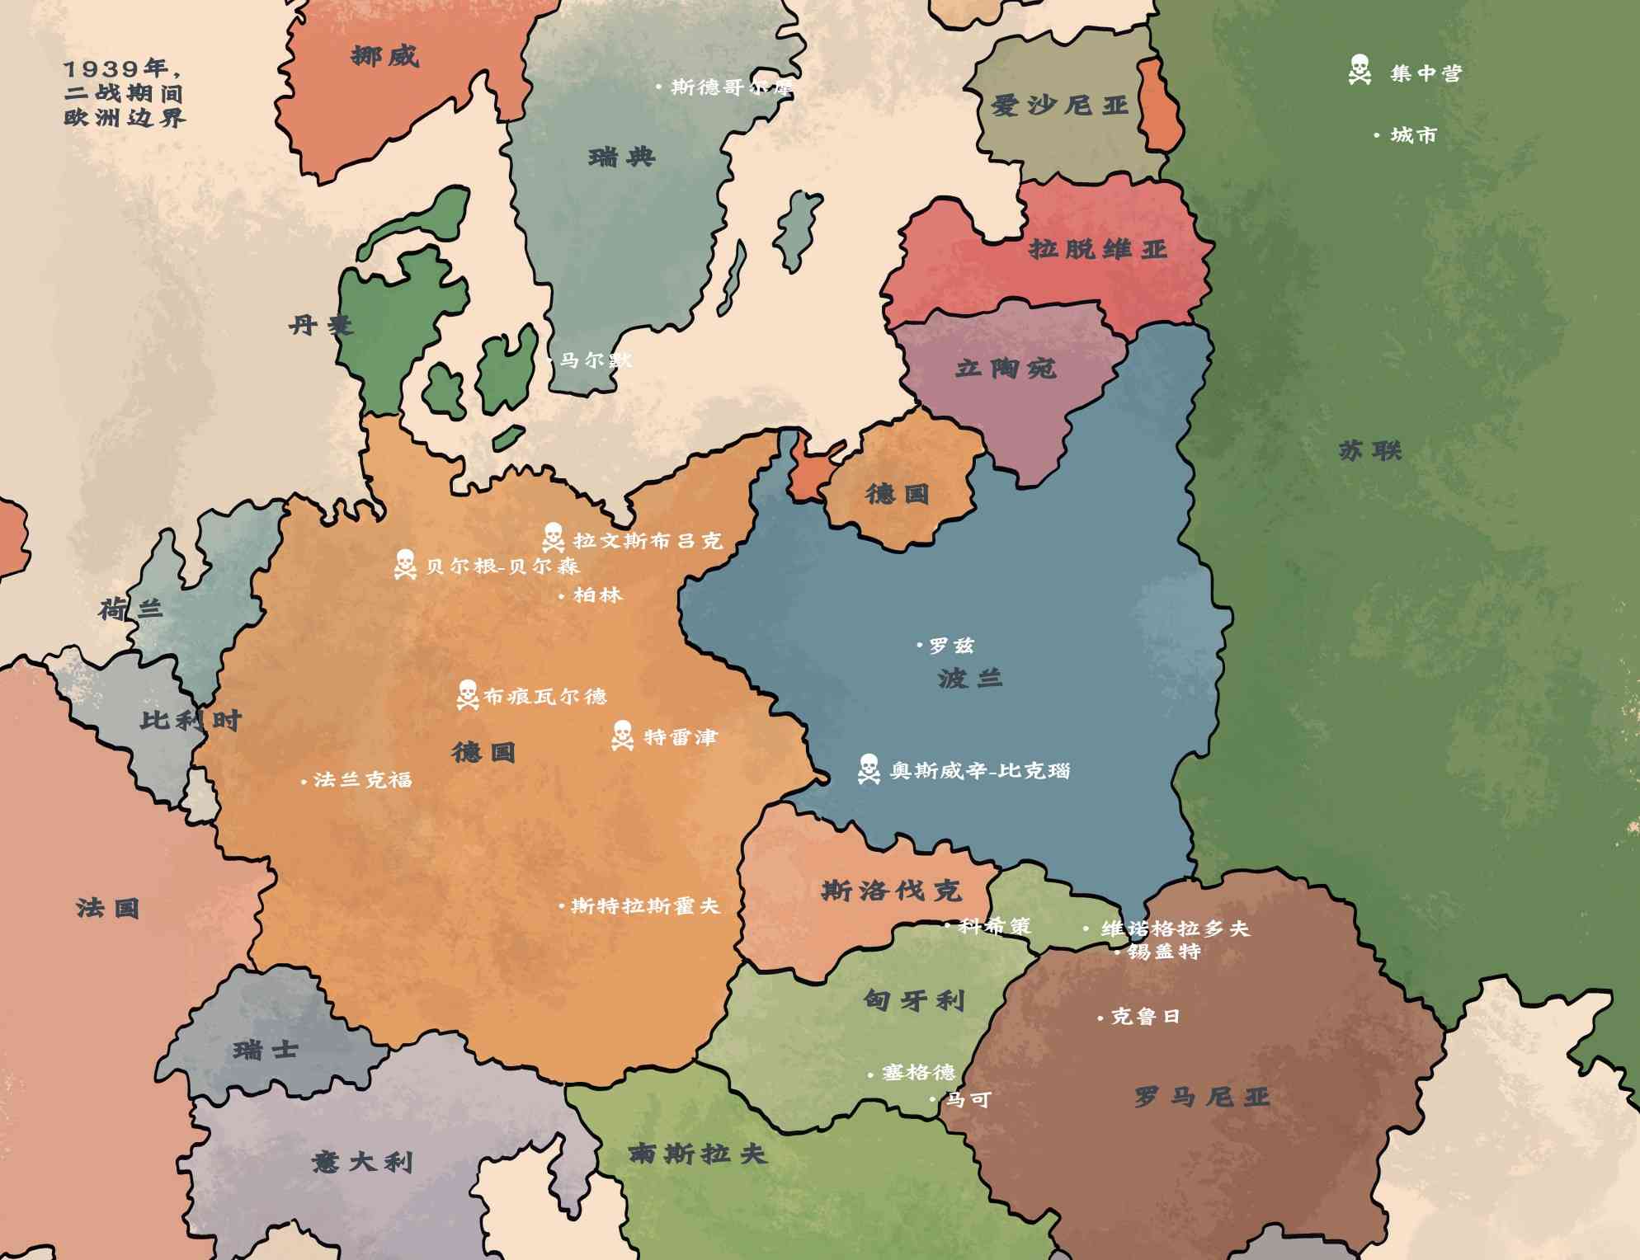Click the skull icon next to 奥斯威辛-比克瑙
pyautogui.click(x=868, y=769)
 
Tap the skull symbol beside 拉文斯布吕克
pyautogui.click(x=553, y=538)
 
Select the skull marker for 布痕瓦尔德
pyautogui.click(x=467, y=694)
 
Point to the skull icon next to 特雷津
pyautogui.click(x=622, y=735)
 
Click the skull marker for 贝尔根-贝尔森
pyautogui.click(x=404, y=564)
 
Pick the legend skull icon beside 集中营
pyautogui.click(x=1360, y=70)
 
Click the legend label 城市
pyautogui.click(x=1413, y=134)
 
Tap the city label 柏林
pyautogui.click(x=597, y=595)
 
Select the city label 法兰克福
pyautogui.click(x=362, y=779)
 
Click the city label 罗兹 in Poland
pyautogui.click(x=951, y=645)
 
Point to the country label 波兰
pyautogui.click(x=970, y=678)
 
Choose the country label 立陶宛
pyautogui.click(x=1006, y=368)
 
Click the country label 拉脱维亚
pyautogui.click(x=1097, y=248)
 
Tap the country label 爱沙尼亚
pyautogui.click(x=1059, y=106)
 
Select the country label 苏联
pyautogui.click(x=1370, y=450)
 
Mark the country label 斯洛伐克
pyautogui.click(x=891, y=890)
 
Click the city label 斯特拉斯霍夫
pyautogui.click(x=645, y=905)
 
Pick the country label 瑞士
pyautogui.click(x=265, y=1050)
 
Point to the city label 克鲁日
pyautogui.click(x=1145, y=1016)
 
